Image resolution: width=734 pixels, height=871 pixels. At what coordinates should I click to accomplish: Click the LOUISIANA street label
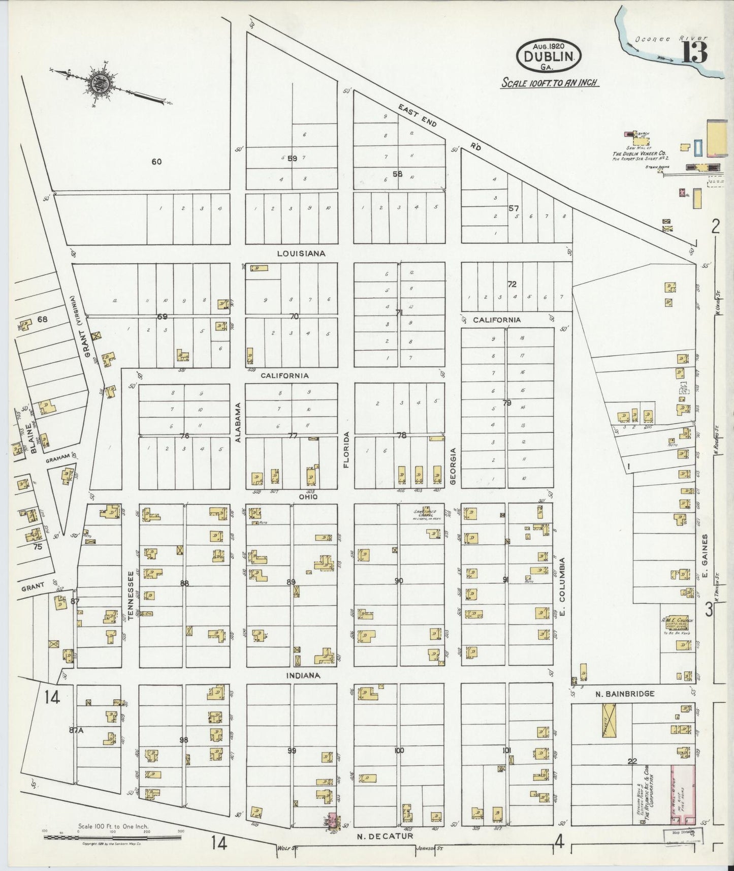coord(301,253)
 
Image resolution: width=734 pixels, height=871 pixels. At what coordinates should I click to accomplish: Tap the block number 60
coord(156,162)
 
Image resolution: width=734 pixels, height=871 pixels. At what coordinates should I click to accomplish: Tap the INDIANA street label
coord(304,675)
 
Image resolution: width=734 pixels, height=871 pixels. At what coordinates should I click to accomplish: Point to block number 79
coord(506,403)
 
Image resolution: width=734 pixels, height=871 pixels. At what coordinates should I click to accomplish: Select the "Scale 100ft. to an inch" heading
coord(550,83)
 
